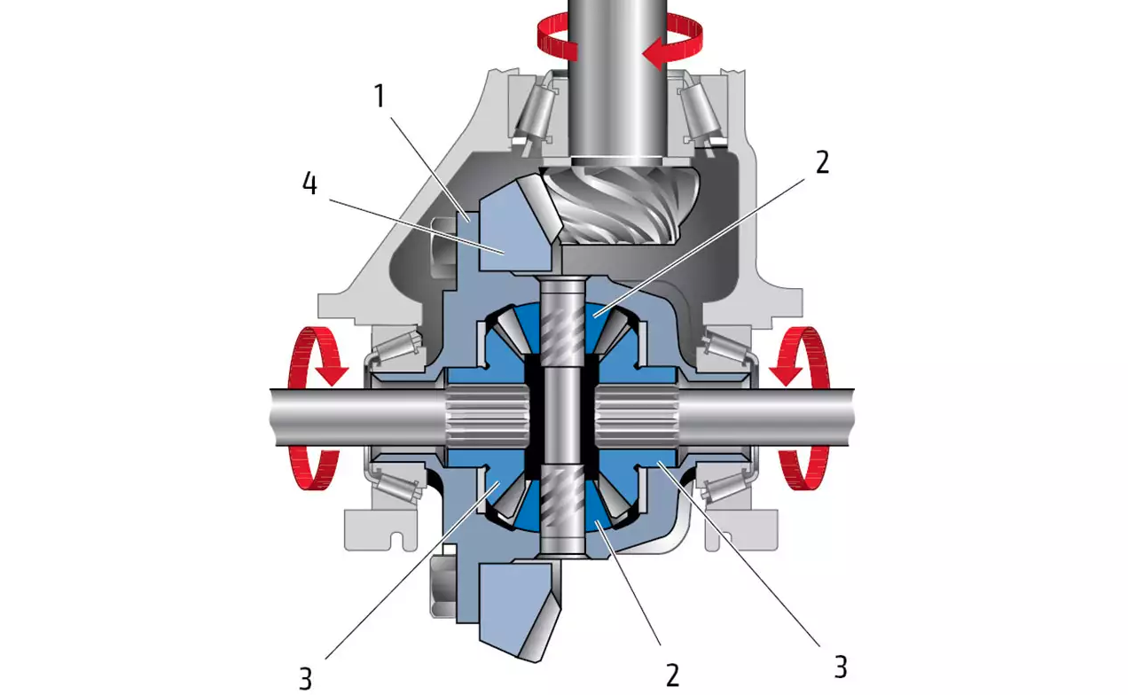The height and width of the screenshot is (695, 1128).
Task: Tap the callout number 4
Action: coord(309,184)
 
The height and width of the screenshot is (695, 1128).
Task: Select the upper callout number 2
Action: coord(822,162)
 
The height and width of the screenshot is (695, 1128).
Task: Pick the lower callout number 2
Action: coord(672,675)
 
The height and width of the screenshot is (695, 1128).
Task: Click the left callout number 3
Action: coord(305,679)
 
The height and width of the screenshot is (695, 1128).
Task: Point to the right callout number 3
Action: coord(840,668)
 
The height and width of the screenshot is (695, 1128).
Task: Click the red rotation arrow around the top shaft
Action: coord(619,40)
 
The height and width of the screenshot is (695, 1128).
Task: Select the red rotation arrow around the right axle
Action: coord(802,408)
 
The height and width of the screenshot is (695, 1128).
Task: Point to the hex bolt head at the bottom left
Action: coord(443,586)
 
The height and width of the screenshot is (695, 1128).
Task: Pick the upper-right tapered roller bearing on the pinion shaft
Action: coord(702,114)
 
